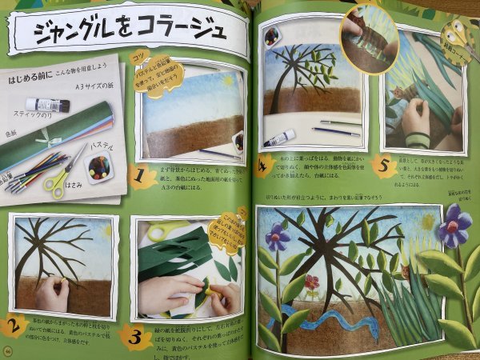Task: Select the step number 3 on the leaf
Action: [x=135, y=332]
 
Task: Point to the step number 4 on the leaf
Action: [x=264, y=166]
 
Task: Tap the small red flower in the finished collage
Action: [x=311, y=282]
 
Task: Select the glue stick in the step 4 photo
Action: [x=280, y=138]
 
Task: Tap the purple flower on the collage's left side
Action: [x=278, y=236]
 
